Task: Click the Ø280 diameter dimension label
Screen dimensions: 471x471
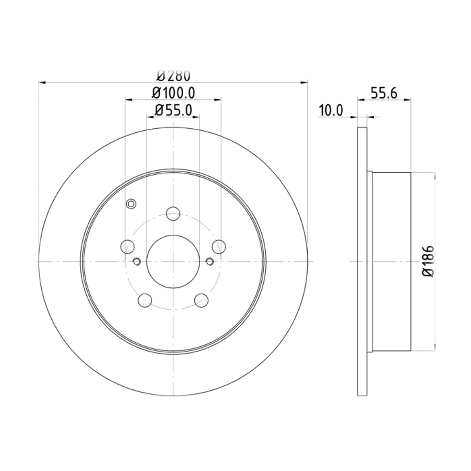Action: click(173, 76)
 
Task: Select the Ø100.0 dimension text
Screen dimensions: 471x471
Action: click(173, 93)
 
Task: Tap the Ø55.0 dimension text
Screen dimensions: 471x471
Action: click(173, 110)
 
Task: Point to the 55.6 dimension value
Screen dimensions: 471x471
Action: click(384, 93)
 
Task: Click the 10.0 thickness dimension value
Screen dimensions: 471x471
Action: click(331, 110)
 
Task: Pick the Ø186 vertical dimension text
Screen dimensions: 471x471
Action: click(428, 261)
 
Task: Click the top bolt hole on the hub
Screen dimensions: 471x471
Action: click(173, 214)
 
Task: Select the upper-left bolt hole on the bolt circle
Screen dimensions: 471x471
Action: click(128, 246)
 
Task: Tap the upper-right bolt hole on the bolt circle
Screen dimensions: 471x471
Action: click(219, 246)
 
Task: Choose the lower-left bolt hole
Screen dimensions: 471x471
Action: click(145, 300)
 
